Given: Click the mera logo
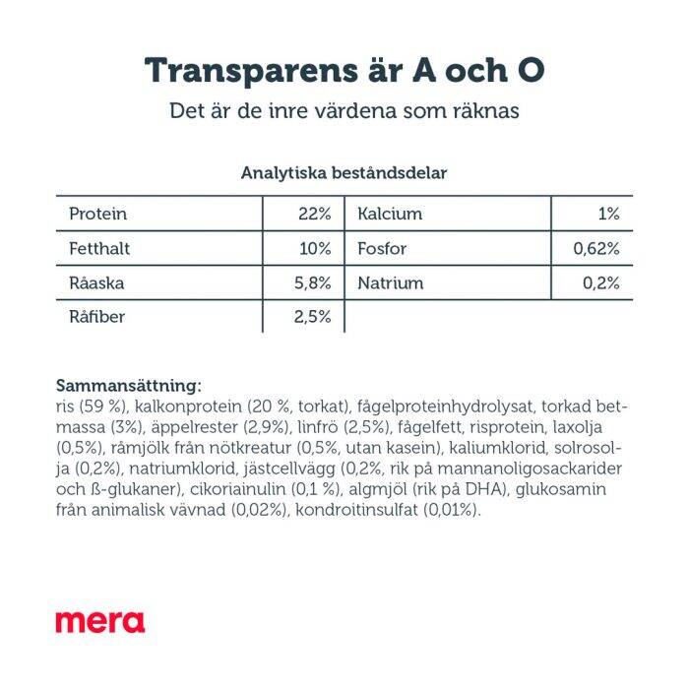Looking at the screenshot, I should pos(99,622).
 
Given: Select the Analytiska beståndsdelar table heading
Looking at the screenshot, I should pos(344,173).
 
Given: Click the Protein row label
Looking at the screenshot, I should pos(98,214).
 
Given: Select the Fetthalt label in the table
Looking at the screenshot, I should pos(99,248).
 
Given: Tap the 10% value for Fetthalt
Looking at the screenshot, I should pos(315,248).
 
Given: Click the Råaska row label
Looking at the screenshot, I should pos(97,282).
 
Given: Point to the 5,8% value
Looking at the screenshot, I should pos(312,282).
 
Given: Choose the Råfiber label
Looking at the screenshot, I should pos(97,317).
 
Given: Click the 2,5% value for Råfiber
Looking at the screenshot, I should pos(312,317).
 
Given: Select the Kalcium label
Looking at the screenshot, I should pos(390,214).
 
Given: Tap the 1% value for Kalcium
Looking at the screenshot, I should pos(608,214).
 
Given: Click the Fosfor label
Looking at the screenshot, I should pos(382,248).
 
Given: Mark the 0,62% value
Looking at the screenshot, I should pos(596,248).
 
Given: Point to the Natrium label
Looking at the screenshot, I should pos(391,282).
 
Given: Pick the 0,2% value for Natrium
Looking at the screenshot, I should pos(600,282).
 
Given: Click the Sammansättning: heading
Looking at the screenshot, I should pos(129,386).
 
